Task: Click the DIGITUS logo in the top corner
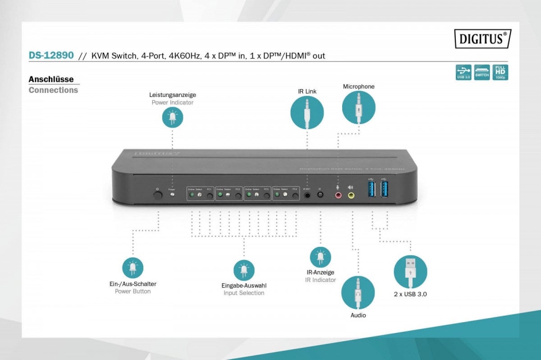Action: pos(482,39)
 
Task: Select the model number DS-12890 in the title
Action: pos(51,55)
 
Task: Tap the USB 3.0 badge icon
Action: pos(463,72)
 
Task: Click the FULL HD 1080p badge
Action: pos(500,72)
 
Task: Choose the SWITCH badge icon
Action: pos(482,72)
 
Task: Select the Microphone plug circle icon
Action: pos(358,107)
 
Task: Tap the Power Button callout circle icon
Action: pos(133,268)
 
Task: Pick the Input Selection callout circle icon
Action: pos(244,270)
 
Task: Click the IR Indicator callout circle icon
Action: pos(320,257)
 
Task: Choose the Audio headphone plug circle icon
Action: pos(358,293)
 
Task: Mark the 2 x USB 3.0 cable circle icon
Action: pos(410,272)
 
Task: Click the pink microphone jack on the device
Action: pos(338,196)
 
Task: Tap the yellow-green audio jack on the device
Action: pos(351,196)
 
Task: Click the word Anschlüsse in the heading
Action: pos(51,79)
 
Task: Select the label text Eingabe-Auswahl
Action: pos(244,285)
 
